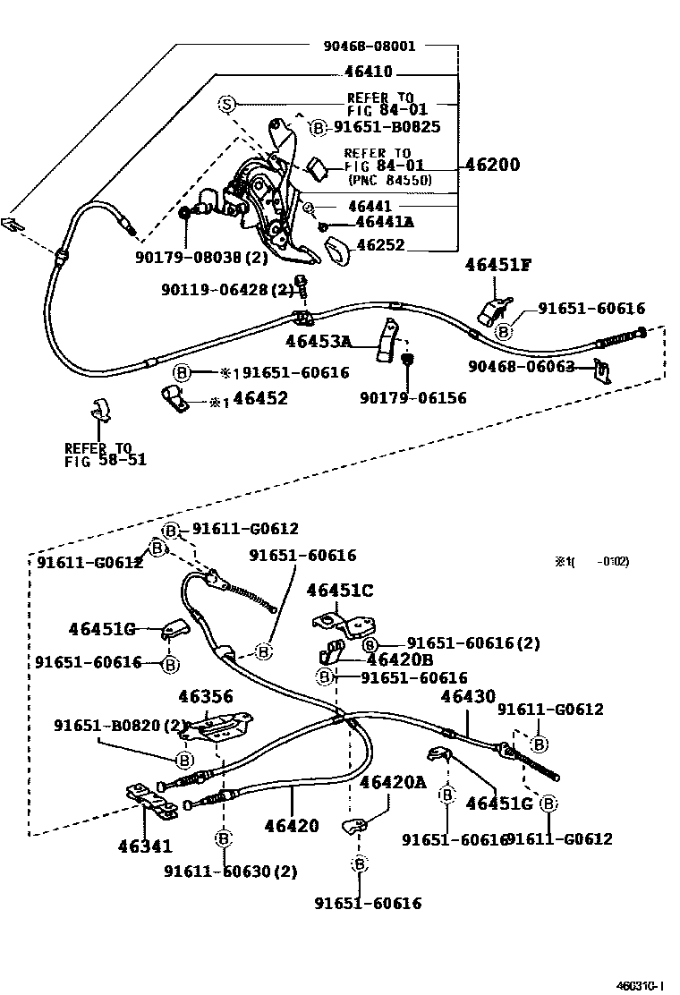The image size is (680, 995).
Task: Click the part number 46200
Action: click(491, 166)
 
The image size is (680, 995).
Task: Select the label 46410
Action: click(369, 73)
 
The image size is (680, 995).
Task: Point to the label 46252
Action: click(380, 244)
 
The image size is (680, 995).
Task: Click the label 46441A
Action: click(385, 223)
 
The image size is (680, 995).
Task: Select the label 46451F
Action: click(497, 264)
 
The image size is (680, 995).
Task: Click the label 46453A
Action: click(319, 341)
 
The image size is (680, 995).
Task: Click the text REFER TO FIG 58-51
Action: click(105, 455)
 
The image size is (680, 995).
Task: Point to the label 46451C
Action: click(340, 591)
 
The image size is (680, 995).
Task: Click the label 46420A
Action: click(393, 782)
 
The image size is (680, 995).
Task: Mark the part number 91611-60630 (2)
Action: click(230, 871)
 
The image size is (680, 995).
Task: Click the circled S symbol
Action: click(227, 105)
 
